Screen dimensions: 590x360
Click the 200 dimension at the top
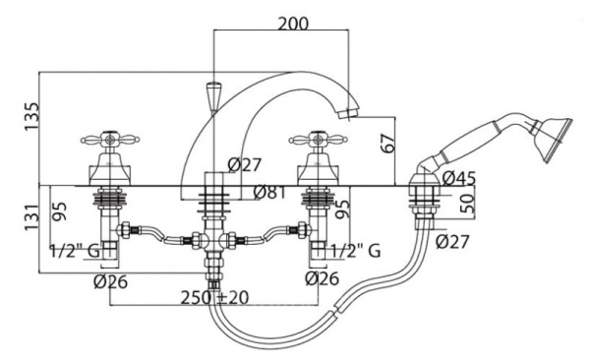coord(293,24)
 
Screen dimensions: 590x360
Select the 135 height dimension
coord(31,116)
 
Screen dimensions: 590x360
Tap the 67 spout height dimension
coord(388,142)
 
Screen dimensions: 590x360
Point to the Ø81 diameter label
coord(269,193)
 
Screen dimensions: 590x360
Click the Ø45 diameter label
coord(459,178)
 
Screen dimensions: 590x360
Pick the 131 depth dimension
coord(31,217)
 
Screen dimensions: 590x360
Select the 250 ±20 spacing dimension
coord(214,297)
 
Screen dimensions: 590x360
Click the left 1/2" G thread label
coord(75,251)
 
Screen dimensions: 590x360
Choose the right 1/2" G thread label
coord(356,251)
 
